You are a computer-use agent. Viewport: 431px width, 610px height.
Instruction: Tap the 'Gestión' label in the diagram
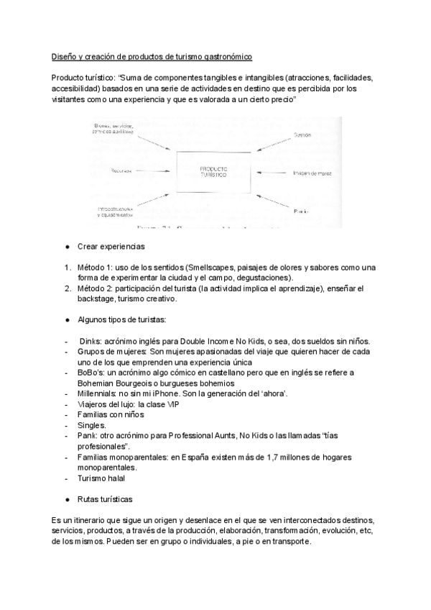[302, 135]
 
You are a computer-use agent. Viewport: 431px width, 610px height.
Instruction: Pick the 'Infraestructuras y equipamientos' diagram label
[116, 212]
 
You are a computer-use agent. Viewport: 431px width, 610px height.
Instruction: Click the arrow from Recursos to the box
[157, 173]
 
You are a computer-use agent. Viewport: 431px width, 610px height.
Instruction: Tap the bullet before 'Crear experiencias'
[67, 247]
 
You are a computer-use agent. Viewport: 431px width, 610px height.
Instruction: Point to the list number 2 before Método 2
[65, 288]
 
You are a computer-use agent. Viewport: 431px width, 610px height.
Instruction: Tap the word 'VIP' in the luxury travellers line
[167, 404]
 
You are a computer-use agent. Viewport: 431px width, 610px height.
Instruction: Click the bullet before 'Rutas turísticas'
[67, 499]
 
